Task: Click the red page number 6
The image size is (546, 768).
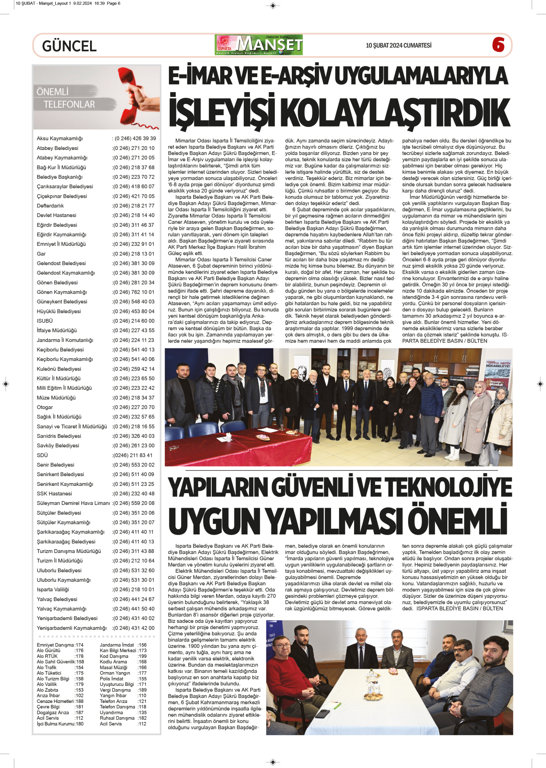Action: tap(498, 45)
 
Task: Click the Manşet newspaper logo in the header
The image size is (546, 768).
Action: tap(259, 45)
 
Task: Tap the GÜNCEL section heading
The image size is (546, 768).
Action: tap(69, 46)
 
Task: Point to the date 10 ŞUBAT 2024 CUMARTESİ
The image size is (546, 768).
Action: tap(398, 45)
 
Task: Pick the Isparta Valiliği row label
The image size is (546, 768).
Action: tap(53, 590)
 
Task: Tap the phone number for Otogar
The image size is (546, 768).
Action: tap(133, 407)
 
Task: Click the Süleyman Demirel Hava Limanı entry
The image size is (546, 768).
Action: tap(73, 503)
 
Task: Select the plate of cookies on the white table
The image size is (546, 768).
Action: tap(373, 696)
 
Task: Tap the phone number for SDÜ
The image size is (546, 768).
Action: tap(133, 455)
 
